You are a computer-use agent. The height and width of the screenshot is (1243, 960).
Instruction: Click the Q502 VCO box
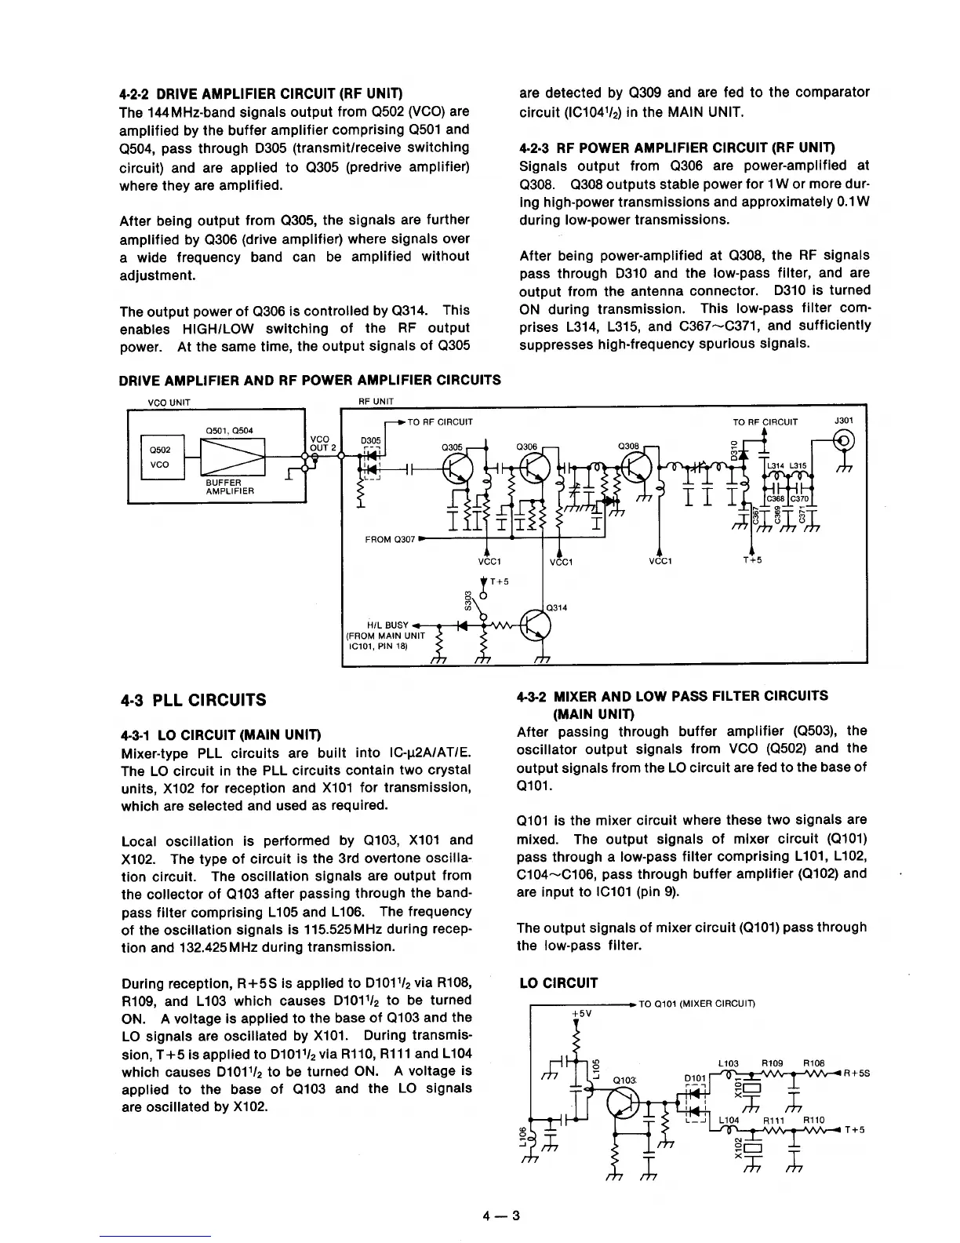(162, 457)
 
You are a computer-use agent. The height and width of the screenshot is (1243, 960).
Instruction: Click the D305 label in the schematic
(370, 442)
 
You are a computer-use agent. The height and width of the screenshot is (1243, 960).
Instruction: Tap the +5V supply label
(582, 1013)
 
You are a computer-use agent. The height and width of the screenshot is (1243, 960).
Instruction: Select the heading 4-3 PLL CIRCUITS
(193, 700)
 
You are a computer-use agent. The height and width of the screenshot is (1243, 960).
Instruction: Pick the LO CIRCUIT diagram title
(559, 983)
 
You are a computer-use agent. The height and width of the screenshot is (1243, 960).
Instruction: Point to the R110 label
(814, 1120)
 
